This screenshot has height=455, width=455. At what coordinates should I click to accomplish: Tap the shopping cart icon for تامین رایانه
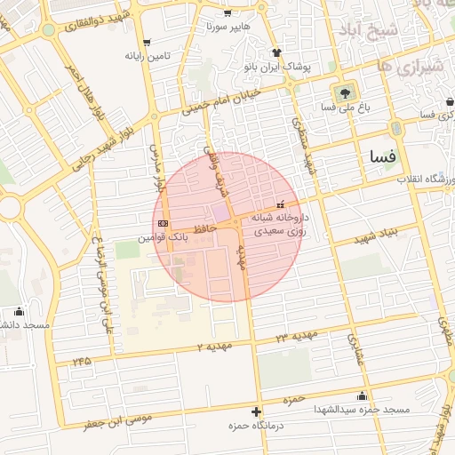146,42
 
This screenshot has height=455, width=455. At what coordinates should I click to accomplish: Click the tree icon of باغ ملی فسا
341,92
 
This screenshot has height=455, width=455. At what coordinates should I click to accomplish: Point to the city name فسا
384,156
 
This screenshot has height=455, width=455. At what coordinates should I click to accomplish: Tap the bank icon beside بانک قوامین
162,223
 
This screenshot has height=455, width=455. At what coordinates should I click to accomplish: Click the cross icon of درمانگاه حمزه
257,411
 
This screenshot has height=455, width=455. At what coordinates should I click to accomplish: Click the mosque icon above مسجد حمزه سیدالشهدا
361,395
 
